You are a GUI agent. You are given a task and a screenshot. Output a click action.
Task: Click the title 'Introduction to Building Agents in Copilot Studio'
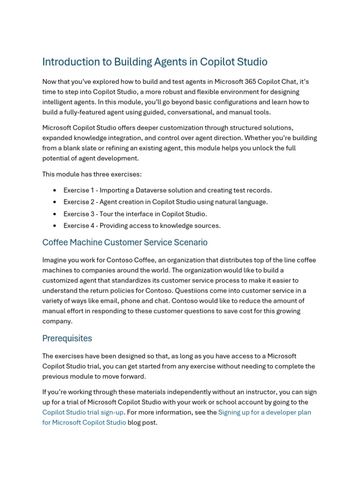(155, 62)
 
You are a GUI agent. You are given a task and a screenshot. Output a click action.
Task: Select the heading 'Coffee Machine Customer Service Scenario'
(125, 242)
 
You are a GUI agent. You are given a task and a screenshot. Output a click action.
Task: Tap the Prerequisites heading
(67, 338)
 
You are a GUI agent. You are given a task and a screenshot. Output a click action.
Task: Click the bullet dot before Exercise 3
(55, 214)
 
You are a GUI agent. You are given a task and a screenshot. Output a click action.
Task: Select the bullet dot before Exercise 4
(55, 225)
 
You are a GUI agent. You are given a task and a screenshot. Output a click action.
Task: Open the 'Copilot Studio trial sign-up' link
(83, 412)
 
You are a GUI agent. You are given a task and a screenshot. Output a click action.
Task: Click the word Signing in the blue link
(231, 412)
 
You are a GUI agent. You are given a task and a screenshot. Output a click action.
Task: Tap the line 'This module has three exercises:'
(92, 174)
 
